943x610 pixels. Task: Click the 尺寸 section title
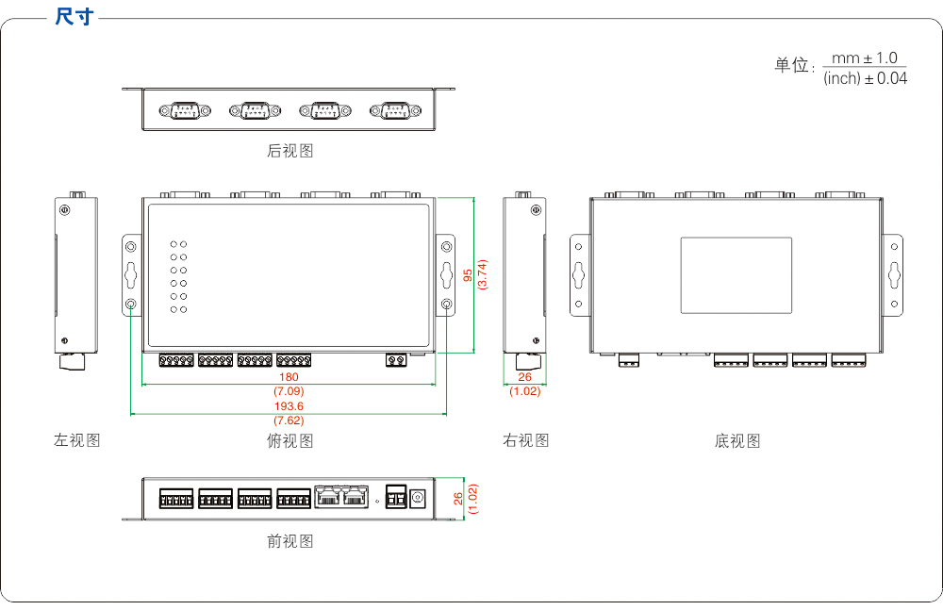pyautogui.click(x=74, y=16)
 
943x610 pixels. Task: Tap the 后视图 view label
pyautogui.click(x=290, y=150)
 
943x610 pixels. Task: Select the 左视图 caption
pyautogui.click(x=76, y=440)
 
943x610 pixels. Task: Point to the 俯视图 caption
pyautogui.click(x=290, y=440)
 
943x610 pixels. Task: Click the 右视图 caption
pyautogui.click(x=525, y=440)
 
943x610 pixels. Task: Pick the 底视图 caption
pyautogui.click(x=736, y=440)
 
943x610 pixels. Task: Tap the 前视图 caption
pyautogui.click(x=290, y=540)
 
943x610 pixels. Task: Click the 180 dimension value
pyautogui.click(x=289, y=377)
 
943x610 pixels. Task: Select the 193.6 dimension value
pyautogui.click(x=289, y=406)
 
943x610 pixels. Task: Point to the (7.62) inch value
pyautogui.click(x=289, y=420)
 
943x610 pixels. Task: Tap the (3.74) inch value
pyautogui.click(x=482, y=274)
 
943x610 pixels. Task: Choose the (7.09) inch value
pyautogui.click(x=289, y=390)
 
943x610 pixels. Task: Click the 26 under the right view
pyautogui.click(x=524, y=377)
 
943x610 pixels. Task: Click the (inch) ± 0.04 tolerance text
pyautogui.click(x=865, y=78)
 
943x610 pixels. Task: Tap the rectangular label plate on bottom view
pyautogui.click(x=736, y=275)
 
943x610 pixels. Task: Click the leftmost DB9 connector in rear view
pyautogui.click(x=184, y=111)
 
